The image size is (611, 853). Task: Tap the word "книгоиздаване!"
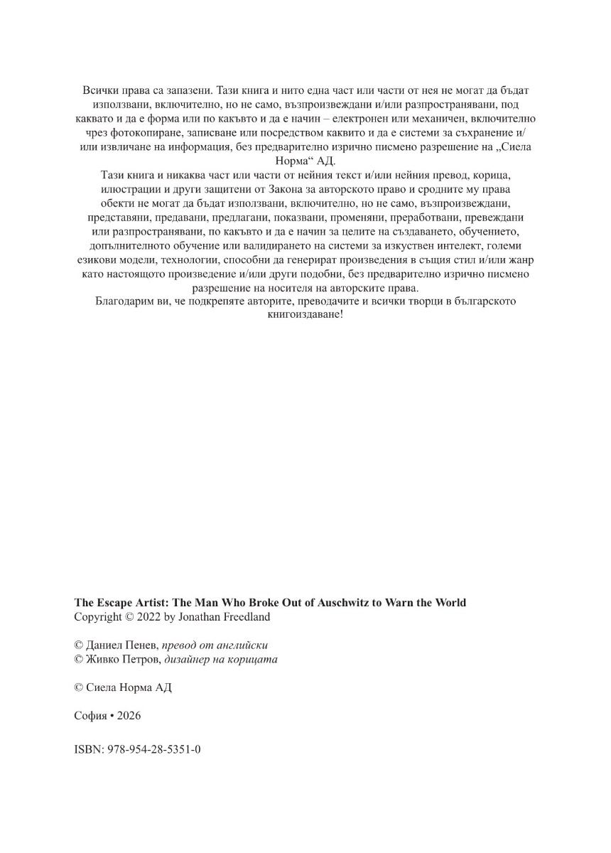coord(305,314)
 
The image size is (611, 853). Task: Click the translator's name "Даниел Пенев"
coord(121,645)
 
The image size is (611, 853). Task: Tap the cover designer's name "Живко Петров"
coord(123,659)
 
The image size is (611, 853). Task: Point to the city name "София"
coord(90,716)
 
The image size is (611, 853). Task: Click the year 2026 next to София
coord(129,716)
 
